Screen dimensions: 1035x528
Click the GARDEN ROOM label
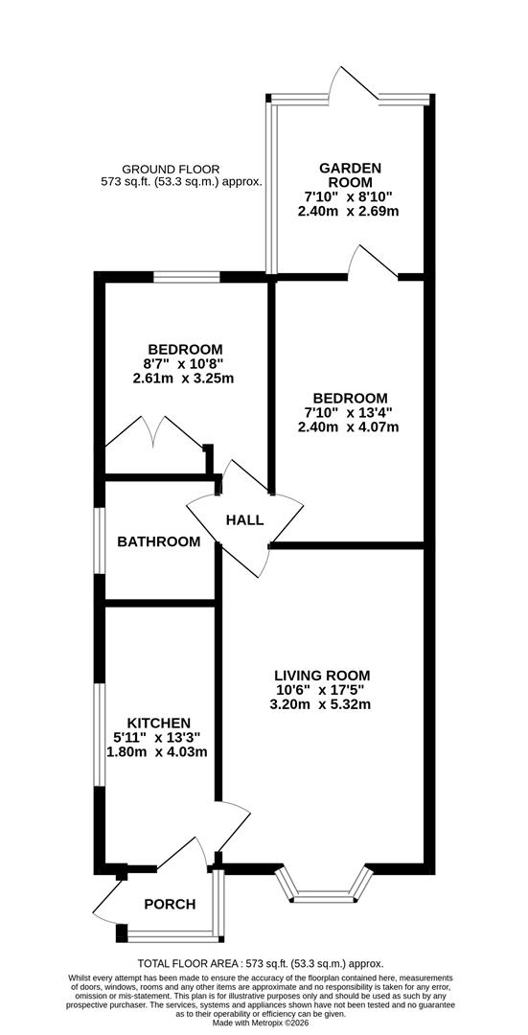click(x=350, y=175)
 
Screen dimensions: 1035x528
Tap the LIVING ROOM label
click(x=321, y=676)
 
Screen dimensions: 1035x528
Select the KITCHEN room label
click(x=159, y=723)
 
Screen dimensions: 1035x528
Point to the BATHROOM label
click(x=159, y=541)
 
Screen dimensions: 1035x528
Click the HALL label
click(x=244, y=519)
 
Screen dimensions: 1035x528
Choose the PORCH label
click(x=170, y=904)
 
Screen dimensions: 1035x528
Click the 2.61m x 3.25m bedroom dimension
click(x=184, y=379)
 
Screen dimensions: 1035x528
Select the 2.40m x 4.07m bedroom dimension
click(x=349, y=427)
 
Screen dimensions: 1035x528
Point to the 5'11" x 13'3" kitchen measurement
click(x=159, y=737)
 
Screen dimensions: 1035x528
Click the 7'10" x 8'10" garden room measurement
click(x=350, y=196)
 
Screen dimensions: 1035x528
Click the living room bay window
click(x=322, y=886)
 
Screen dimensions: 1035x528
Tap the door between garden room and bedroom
click(x=375, y=264)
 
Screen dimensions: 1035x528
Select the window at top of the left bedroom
click(x=187, y=278)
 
